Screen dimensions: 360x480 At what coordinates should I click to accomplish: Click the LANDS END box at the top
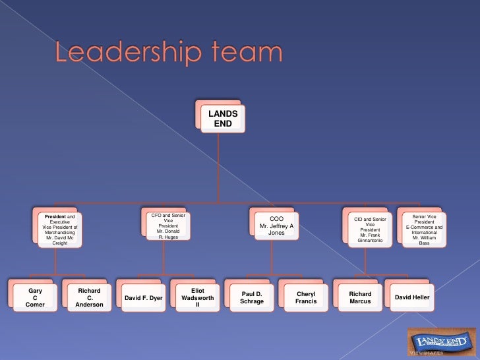(222, 119)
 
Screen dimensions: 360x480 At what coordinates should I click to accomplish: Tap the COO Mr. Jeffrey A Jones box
(276, 226)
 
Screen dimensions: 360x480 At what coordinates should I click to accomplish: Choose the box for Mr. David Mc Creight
(59, 229)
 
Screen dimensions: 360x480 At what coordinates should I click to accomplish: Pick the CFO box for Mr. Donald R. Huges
(167, 226)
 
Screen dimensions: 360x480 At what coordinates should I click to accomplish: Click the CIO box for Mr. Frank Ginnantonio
(370, 229)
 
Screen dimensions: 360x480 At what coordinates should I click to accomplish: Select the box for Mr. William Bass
(424, 229)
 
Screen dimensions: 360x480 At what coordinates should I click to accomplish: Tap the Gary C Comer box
(35, 297)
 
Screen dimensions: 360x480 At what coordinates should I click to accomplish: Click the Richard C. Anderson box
(89, 297)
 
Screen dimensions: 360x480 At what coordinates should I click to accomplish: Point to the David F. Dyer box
(143, 298)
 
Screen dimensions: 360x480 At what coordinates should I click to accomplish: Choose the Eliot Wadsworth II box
(198, 297)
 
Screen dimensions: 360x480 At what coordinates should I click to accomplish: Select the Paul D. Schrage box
(252, 297)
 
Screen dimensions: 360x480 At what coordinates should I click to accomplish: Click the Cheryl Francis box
(306, 297)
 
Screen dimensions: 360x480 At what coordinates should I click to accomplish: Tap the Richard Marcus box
(360, 297)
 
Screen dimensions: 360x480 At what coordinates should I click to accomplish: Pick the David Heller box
(412, 298)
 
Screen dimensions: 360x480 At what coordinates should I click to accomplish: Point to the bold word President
(55, 216)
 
